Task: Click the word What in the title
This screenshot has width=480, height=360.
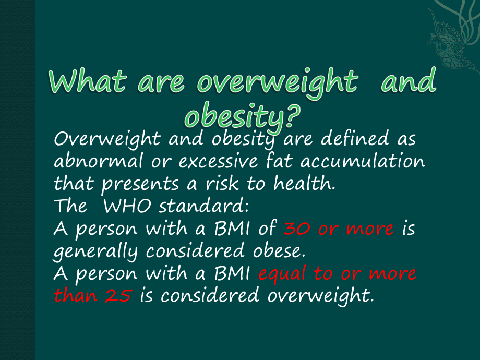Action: click(87, 81)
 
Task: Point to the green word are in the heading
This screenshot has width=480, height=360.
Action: click(161, 83)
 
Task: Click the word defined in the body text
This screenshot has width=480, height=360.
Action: click(355, 138)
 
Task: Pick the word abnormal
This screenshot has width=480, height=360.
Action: click(98, 161)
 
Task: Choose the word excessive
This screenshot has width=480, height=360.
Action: click(218, 161)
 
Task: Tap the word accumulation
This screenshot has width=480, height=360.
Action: click(363, 161)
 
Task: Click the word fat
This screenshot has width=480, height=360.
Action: click(279, 160)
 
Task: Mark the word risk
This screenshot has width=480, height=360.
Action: click(222, 183)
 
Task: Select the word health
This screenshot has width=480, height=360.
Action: click(304, 183)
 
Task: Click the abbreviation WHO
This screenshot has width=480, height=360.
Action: click(127, 206)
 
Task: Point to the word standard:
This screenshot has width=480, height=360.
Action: click(204, 206)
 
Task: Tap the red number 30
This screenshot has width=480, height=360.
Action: click(297, 229)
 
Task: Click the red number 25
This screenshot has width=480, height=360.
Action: click(118, 296)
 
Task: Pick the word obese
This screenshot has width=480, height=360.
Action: click(279, 251)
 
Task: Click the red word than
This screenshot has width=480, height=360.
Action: click(75, 295)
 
